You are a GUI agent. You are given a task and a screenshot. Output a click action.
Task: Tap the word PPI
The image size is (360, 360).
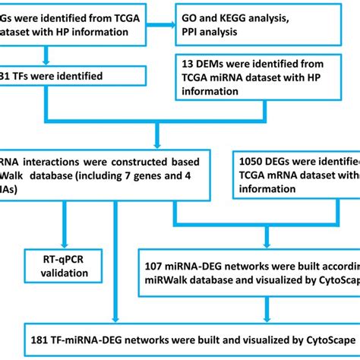[193, 33]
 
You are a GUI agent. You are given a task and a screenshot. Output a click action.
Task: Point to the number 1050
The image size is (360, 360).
[254, 161]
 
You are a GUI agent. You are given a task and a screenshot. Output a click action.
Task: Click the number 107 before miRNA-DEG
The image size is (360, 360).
[159, 265]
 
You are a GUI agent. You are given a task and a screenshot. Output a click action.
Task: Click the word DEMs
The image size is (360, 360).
[216, 61]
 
